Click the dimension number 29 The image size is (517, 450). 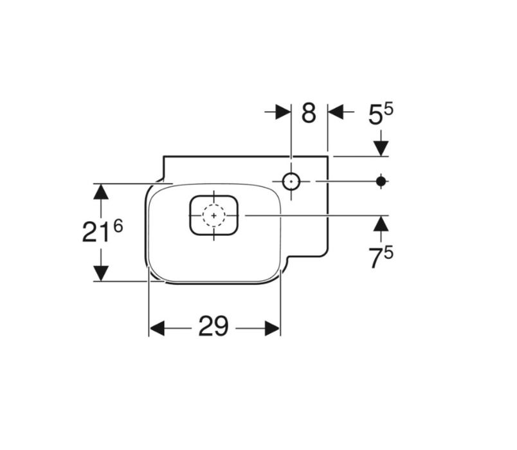[x=213, y=326]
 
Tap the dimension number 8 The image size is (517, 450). [x=309, y=113]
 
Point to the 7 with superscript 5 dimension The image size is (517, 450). [x=381, y=258]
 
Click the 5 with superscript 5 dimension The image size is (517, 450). [x=381, y=114]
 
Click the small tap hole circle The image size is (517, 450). [x=291, y=181]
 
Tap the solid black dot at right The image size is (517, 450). [x=381, y=181]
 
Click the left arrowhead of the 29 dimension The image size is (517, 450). [x=157, y=328]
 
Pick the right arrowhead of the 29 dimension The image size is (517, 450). [x=273, y=328]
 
